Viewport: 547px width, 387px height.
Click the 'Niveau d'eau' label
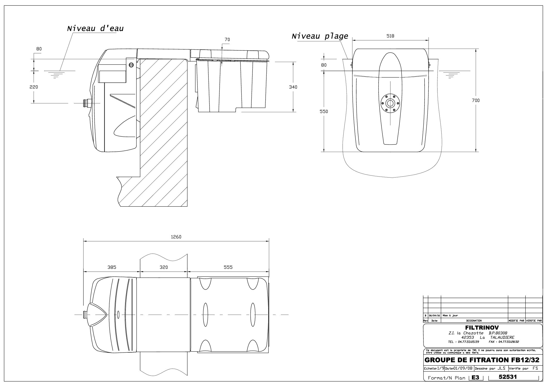pos(95,28)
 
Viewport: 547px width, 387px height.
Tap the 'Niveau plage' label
pos(320,36)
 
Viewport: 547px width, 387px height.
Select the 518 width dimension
pos(390,36)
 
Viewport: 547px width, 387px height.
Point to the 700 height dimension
pos(475,100)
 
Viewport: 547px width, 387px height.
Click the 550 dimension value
pos(323,111)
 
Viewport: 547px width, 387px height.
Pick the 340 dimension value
pos(293,87)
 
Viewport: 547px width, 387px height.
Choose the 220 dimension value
pos(34,87)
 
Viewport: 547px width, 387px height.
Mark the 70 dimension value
pos(227,40)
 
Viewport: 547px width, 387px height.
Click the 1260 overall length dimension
pos(176,237)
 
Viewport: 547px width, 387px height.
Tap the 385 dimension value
pos(112,267)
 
